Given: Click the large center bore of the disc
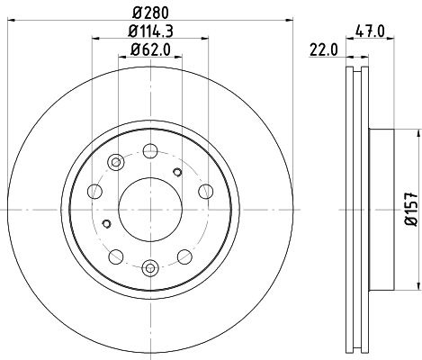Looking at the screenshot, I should (151, 208).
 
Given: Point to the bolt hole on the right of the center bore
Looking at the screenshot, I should (205, 191).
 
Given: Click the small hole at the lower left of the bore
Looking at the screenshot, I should (106, 224).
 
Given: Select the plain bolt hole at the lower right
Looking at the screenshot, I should (184, 254).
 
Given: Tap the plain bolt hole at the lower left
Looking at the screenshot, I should (118, 254).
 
